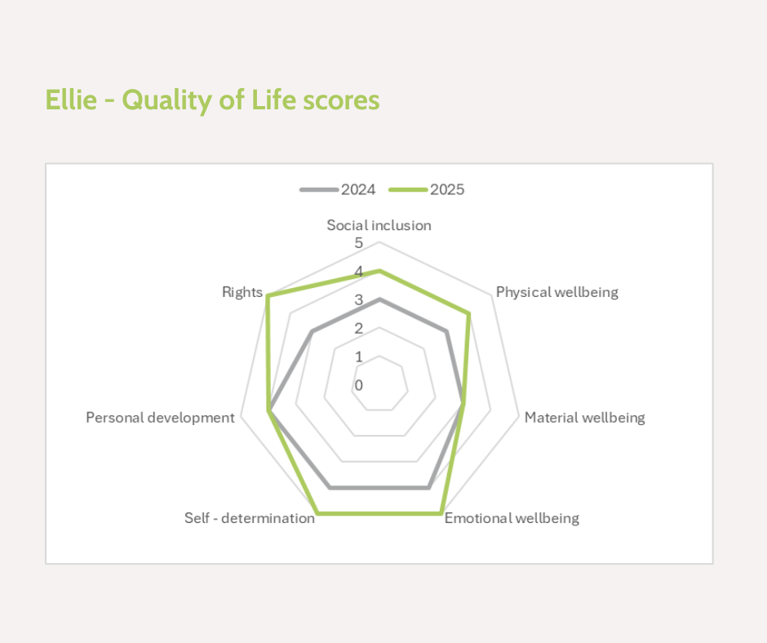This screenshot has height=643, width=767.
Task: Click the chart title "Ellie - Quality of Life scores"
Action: pos(212,100)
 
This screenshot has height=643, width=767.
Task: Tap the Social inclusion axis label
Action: pos(379,225)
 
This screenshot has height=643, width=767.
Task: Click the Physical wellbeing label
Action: pos(557,292)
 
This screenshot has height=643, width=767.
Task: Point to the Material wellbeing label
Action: pos(584,418)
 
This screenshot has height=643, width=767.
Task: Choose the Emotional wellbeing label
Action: pos(512,518)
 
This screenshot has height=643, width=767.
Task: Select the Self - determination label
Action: pos(250,518)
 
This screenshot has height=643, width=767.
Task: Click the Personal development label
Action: pos(160,418)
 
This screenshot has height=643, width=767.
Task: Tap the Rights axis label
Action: pos(242,292)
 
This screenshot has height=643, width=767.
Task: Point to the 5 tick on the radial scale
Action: pos(358,243)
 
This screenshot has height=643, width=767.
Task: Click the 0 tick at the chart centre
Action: pos(358,385)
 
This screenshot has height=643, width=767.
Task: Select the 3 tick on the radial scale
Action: pos(358,300)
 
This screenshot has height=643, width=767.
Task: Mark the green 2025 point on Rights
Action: pos(268,295)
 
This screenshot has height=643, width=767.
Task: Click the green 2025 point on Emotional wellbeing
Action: pos(441,513)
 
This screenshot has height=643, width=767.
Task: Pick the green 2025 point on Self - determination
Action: pos(317,513)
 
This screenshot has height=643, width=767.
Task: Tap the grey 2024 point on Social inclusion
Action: pos(379,299)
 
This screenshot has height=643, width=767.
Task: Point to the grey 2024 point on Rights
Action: pos(312,330)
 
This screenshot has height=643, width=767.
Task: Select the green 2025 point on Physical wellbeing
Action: pos(468,313)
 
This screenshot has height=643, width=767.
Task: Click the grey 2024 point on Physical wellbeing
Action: pos(446,330)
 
